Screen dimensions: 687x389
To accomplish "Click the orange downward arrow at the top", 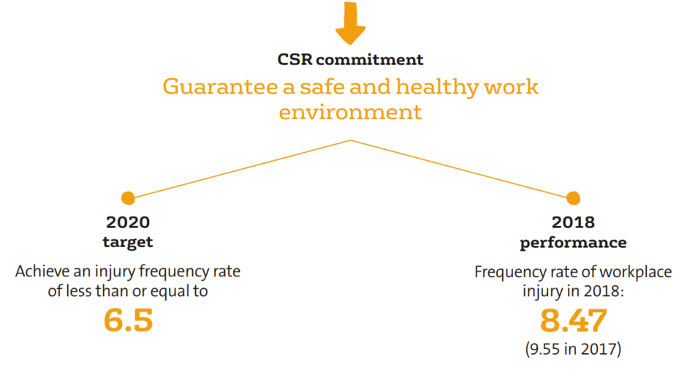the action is coord(351,22).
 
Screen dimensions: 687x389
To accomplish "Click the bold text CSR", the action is coord(295,60).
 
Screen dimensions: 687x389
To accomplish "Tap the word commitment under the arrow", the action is coord(370,60).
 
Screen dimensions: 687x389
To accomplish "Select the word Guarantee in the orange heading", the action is coord(221,86).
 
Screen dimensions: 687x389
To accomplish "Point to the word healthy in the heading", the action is coord(437,87).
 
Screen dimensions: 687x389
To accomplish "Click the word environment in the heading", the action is coord(351,113).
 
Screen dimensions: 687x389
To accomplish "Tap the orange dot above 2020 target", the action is coord(128,198).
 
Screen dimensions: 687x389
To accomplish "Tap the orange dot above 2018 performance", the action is coord(573,198).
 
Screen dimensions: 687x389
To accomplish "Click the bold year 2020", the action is coord(128,222).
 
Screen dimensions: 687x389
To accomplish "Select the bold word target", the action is coord(128,242).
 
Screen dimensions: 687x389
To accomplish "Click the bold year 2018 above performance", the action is coord(573,222).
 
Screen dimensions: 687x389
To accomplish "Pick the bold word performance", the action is coord(573,243).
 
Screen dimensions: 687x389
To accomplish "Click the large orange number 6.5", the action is coord(129,320).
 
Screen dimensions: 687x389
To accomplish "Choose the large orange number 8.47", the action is coord(574,320).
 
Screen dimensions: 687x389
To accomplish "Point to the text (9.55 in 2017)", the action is coord(573,349).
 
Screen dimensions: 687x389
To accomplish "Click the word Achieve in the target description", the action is coord(42,271).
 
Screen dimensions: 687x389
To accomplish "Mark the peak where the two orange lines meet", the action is coord(351,140).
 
